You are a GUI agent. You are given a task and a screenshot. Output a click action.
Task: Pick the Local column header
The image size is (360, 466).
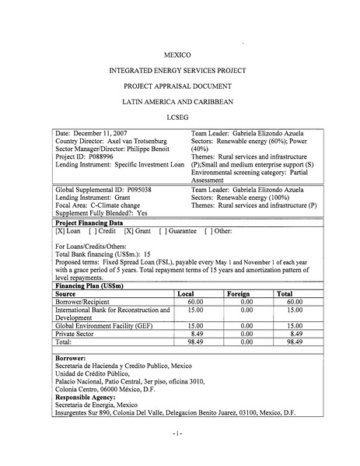186,294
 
